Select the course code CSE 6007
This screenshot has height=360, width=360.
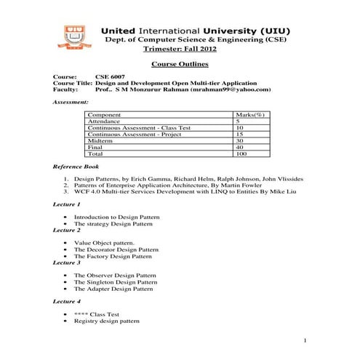tap(109, 76)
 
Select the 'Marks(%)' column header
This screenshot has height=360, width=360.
tap(249, 115)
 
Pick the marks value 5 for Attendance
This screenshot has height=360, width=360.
tap(239, 121)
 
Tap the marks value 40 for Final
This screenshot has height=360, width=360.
tap(240, 148)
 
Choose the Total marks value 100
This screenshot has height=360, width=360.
tap(241, 154)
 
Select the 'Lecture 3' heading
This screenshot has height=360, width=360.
tap(67, 262)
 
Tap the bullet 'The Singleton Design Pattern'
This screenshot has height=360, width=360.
tap(115, 281)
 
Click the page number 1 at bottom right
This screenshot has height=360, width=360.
tap(306, 341)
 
